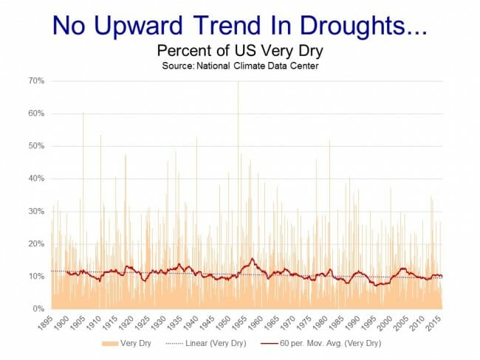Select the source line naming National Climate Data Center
240,65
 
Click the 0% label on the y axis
41,308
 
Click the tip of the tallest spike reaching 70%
238,82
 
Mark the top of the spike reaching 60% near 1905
83,112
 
